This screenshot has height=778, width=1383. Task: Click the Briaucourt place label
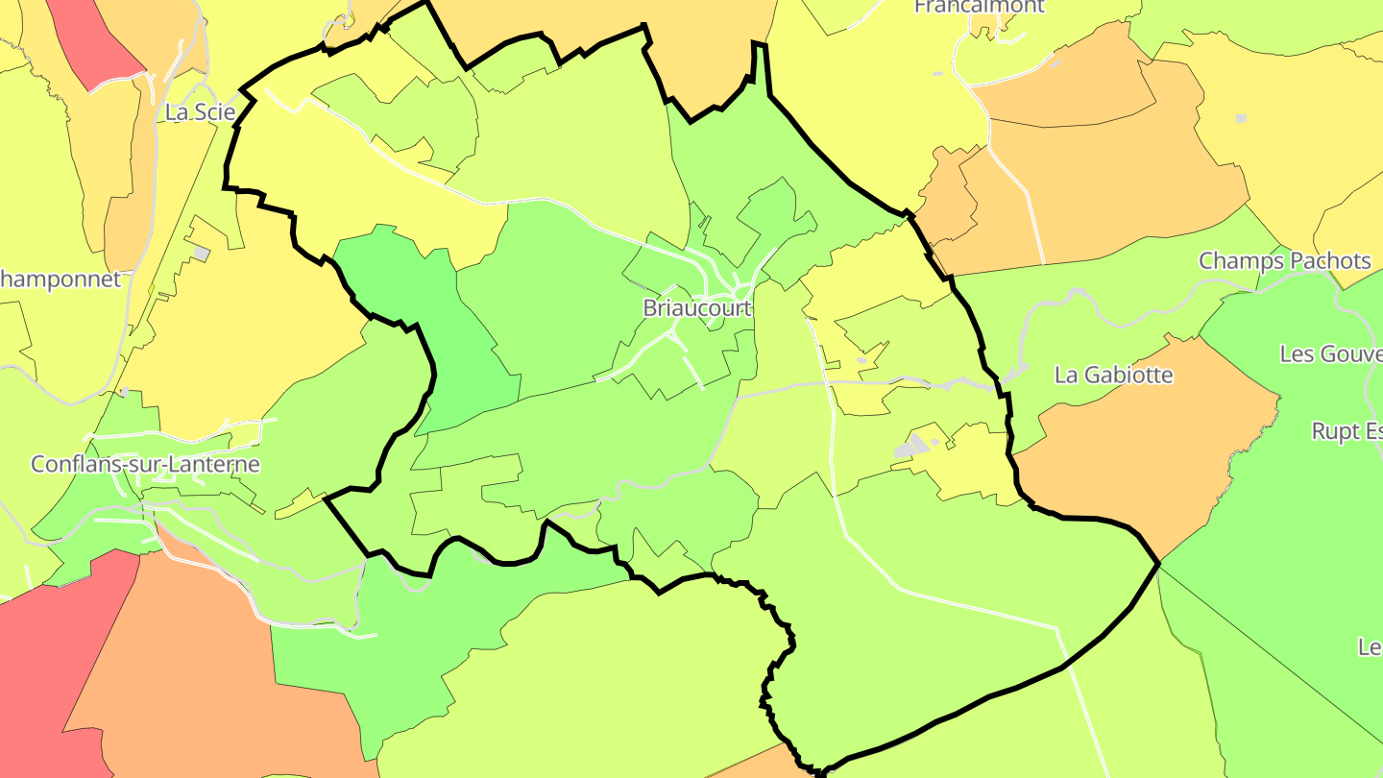point(697,308)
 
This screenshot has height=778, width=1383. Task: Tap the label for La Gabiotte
point(1113,375)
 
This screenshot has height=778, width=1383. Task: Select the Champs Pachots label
point(1284,260)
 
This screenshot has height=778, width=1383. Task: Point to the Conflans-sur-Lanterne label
point(145,464)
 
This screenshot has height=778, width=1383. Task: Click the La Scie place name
point(200,111)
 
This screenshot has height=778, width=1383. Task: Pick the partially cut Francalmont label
point(979,7)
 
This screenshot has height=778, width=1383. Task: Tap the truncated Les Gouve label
point(1330,353)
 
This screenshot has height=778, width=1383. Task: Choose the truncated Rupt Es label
point(1347,431)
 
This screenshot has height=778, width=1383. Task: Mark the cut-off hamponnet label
point(61,280)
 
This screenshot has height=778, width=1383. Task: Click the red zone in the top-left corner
point(91,38)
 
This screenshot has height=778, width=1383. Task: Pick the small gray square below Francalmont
point(1240,118)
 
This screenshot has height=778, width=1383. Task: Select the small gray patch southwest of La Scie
point(201,254)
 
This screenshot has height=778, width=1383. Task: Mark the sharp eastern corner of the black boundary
point(1159,562)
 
